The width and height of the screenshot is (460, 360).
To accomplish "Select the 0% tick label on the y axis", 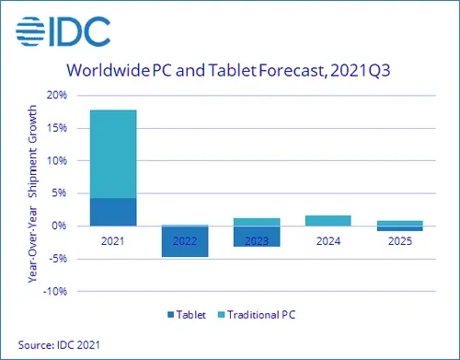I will tap(58, 226).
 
